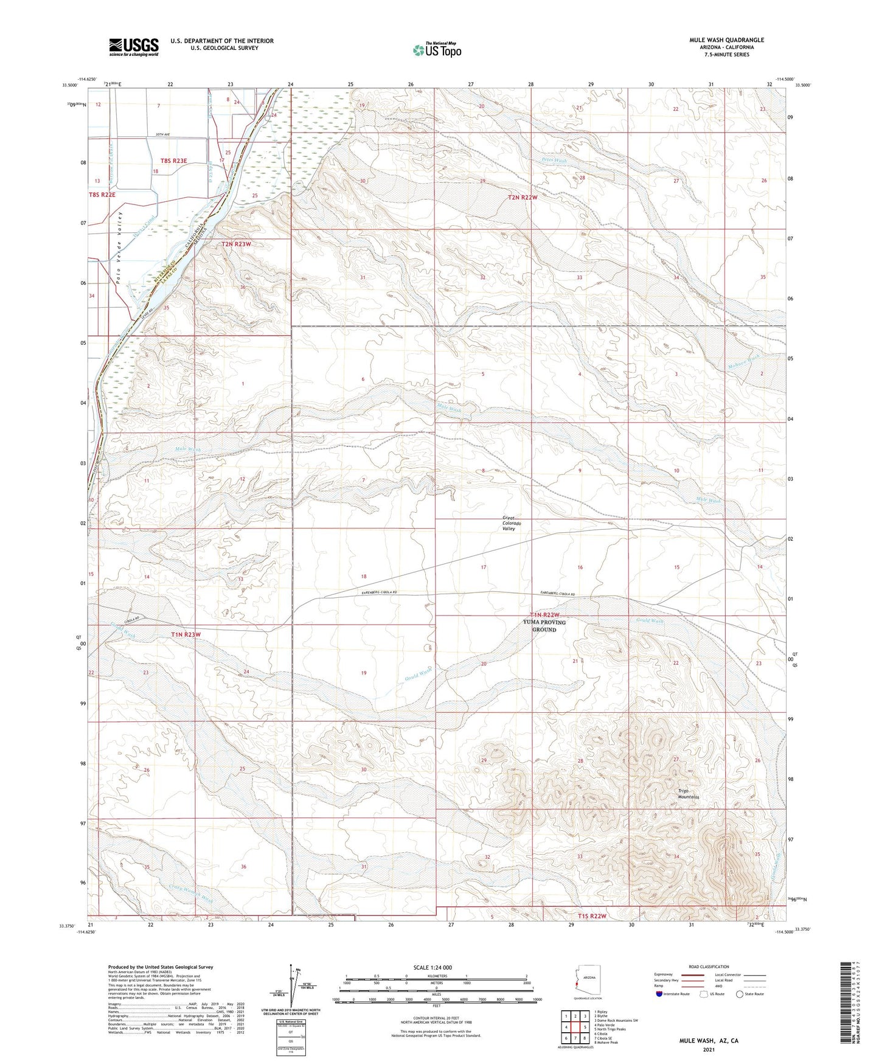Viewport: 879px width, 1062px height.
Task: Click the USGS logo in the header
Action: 134,47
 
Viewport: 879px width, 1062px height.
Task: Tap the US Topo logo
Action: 436,49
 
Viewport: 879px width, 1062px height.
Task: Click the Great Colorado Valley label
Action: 509,524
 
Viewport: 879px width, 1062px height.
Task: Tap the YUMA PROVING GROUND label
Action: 544,626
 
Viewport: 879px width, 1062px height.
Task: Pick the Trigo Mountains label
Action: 689,794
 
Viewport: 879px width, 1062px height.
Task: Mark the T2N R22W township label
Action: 523,198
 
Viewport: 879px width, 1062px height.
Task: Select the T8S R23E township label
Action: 174,161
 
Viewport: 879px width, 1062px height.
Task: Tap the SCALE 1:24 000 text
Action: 433,967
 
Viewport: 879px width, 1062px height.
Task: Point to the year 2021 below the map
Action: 708,1050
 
